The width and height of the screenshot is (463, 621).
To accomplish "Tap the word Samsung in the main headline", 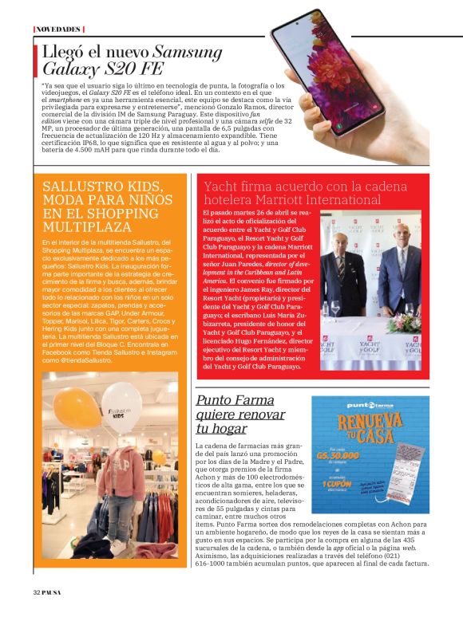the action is [188, 52].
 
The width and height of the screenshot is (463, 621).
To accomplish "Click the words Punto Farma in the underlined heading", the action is [235, 399].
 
